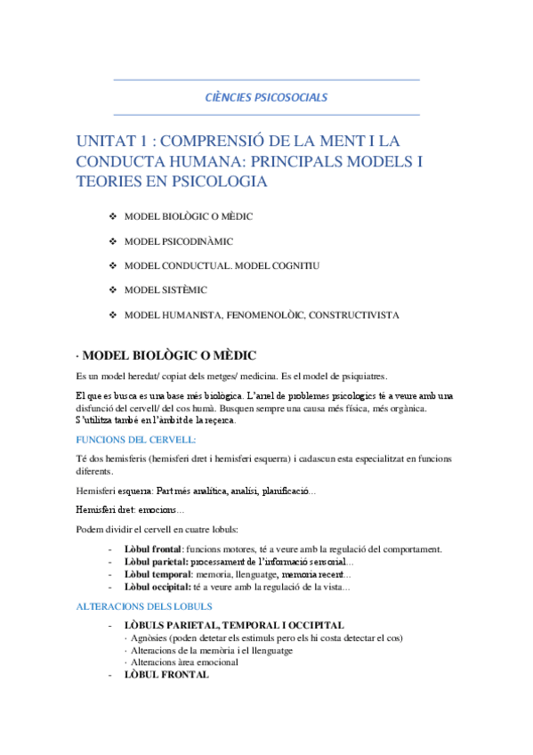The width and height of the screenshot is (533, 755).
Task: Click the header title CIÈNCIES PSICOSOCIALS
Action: click(266, 96)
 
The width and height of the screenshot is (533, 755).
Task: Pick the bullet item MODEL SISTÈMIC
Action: click(166, 290)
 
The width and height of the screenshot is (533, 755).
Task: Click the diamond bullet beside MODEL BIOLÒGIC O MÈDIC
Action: click(112, 218)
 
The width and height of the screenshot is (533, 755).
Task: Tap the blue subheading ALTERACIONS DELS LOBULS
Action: click(145, 606)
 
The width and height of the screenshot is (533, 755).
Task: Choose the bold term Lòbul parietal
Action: click(155, 563)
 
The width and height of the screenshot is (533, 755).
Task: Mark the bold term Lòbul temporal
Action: click(157, 575)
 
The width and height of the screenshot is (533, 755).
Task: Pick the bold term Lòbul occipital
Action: click(157, 588)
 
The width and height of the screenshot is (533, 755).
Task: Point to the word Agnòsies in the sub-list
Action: click(153, 638)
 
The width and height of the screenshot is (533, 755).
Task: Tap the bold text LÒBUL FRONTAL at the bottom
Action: click(166, 675)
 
